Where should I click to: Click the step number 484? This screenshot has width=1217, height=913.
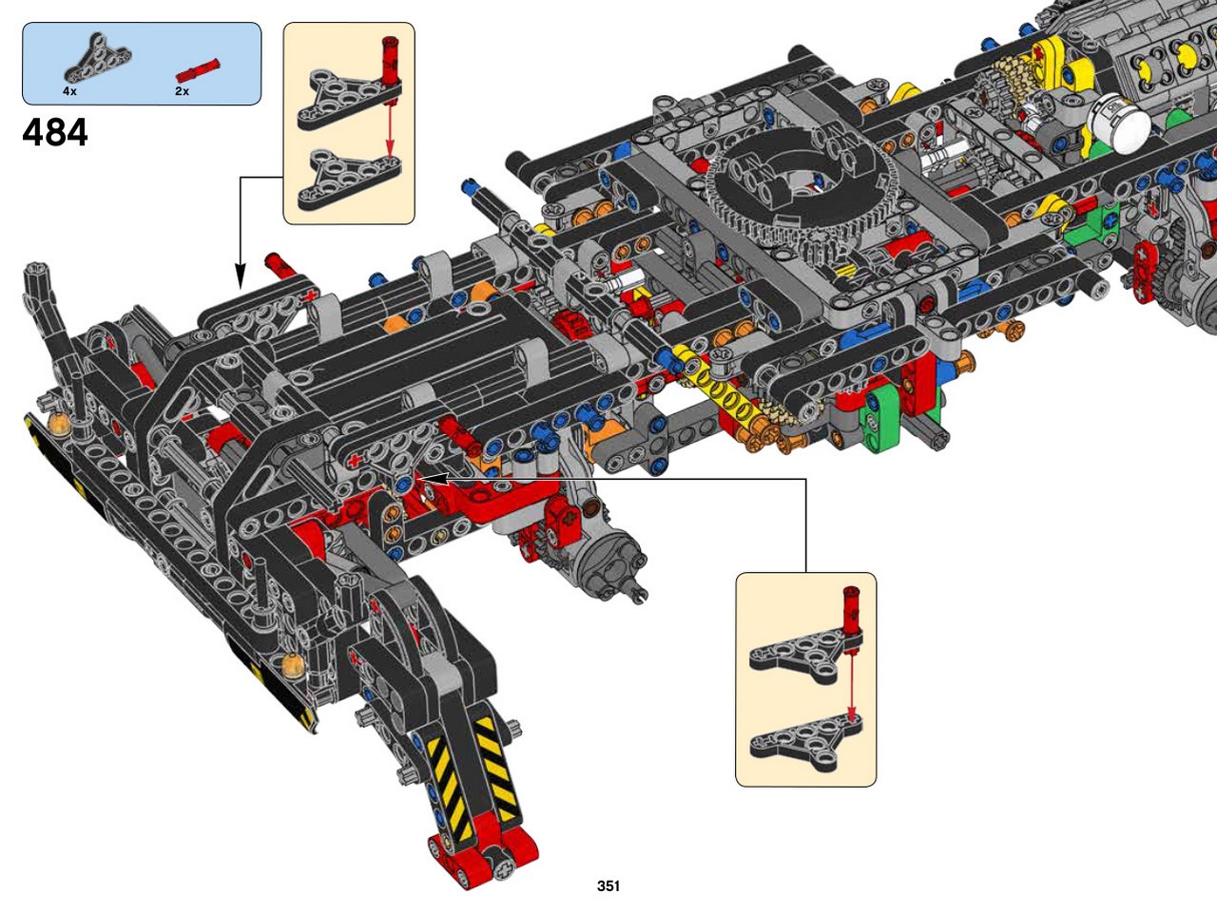(55, 133)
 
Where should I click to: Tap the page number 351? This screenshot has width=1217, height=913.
(608, 885)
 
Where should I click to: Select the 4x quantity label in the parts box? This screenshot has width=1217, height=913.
(69, 91)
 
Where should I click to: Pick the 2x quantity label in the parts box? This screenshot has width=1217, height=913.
(182, 91)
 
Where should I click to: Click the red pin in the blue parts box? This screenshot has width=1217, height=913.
(198, 69)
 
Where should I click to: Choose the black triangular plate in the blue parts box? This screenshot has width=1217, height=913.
(98, 59)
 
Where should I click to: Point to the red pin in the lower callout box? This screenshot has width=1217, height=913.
(852, 614)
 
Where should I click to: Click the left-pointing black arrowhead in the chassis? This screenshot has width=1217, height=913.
(431, 478)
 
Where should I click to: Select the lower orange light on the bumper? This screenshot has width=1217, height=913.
(293, 664)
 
